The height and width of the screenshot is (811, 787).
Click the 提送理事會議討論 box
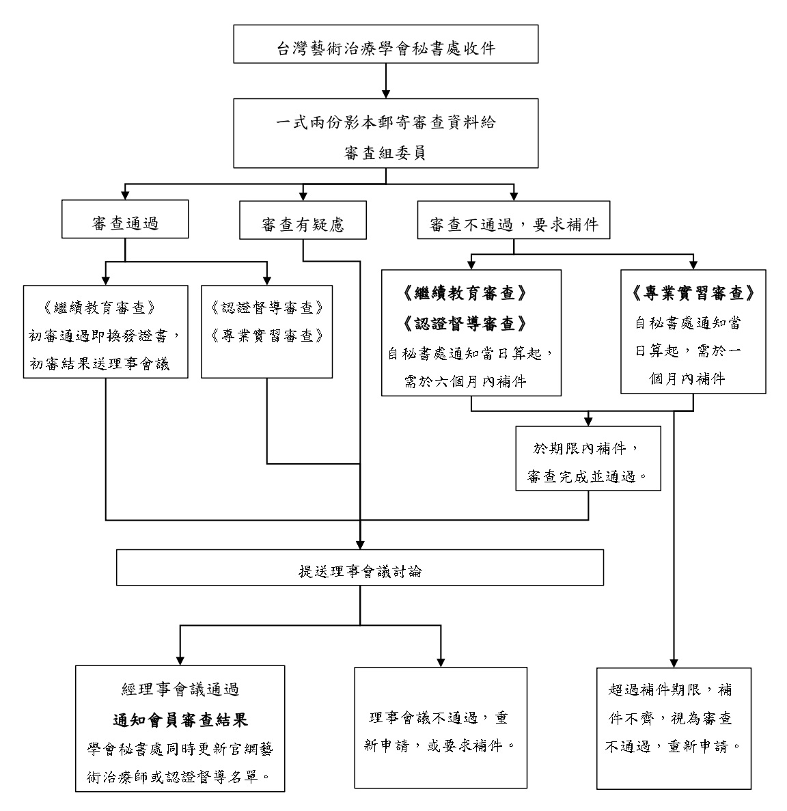pyautogui.click(x=360, y=568)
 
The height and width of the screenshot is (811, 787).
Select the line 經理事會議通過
pyautogui.click(x=180, y=690)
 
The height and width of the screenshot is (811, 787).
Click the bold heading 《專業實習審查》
pyautogui.click(x=693, y=292)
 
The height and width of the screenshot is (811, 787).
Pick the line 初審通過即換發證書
pyautogui.click(x=105, y=335)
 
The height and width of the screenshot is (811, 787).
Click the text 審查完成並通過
pyautogui.click(x=588, y=476)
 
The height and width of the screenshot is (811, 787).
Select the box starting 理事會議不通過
pyautogui.click(x=441, y=728)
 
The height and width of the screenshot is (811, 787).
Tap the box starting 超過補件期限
pyautogui.click(x=674, y=728)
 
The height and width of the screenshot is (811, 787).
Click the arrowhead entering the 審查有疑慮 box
pyautogui.click(x=303, y=195)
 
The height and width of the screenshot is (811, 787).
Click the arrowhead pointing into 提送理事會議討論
pyautogui.click(x=360, y=545)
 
